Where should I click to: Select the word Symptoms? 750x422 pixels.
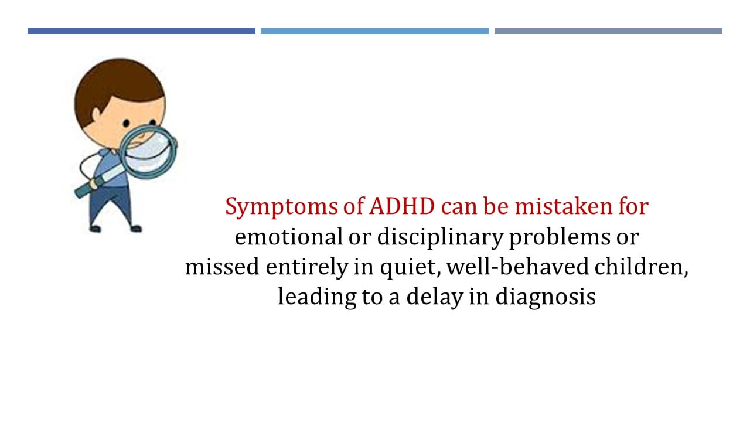(282, 207)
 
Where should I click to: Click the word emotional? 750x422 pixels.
(289, 236)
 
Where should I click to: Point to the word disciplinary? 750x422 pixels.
(440, 238)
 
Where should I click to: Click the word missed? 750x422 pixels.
(222, 267)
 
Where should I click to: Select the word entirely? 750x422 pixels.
(307, 268)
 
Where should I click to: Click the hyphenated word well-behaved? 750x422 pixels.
(517, 267)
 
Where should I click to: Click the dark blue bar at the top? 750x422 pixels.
(141, 31)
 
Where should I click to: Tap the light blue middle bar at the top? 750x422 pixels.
(374, 31)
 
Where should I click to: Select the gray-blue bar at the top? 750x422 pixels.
(608, 31)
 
